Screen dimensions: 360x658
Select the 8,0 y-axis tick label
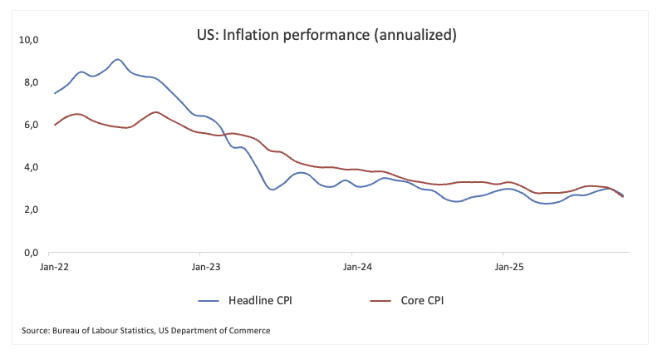[x=32, y=82]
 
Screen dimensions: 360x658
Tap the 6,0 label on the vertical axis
[x=32, y=125]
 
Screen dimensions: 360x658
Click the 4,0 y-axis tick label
[x=32, y=167]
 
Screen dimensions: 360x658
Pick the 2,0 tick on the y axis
[x=32, y=210]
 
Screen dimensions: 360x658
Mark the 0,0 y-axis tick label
[x=32, y=252]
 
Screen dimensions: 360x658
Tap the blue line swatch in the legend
[x=214, y=299]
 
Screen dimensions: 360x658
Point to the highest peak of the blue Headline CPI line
[x=117, y=60]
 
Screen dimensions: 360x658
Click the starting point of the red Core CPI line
[x=55, y=125]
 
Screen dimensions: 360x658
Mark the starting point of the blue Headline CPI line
[x=55, y=93]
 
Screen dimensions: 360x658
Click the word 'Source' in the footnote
[x=37, y=331]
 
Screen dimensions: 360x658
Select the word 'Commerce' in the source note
[x=250, y=331]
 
